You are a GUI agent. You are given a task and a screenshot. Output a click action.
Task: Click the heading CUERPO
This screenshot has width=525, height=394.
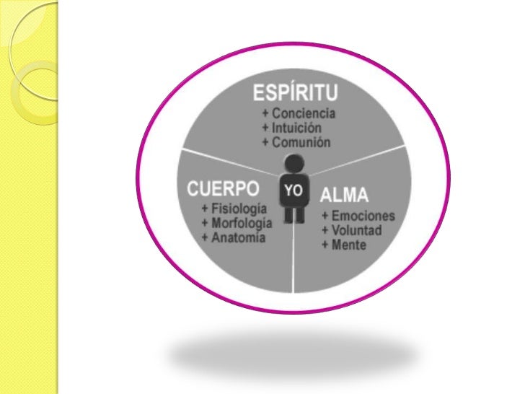[224, 189]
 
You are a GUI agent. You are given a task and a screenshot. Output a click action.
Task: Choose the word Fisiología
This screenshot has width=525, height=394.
[234, 209]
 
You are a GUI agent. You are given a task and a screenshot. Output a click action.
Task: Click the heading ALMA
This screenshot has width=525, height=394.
[344, 195]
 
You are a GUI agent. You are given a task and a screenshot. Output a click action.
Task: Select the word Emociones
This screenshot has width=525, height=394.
[363, 216]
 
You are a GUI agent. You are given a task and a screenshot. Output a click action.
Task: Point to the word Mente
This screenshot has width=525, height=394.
[349, 245]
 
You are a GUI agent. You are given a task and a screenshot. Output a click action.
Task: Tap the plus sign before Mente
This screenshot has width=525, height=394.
[326, 245]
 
